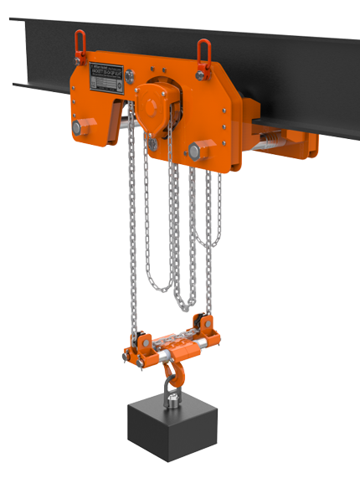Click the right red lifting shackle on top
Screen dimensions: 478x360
coord(203,52)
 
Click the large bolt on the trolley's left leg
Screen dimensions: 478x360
coord(79,127)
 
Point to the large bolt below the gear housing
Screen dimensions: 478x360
coord(195,151)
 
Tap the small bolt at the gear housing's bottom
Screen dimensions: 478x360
coord(153,145)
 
